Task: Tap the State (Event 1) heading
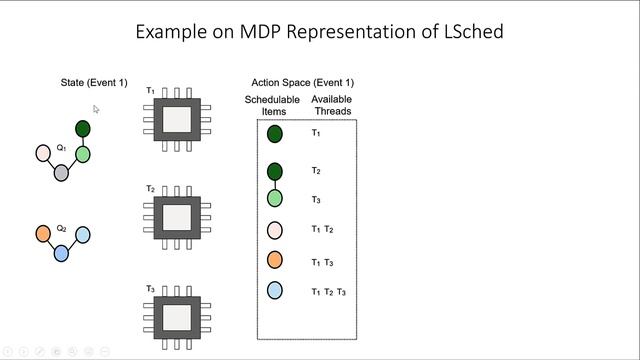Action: (94, 82)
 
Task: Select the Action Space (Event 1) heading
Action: (303, 82)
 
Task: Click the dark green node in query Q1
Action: (83, 129)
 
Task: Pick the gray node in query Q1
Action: (61, 173)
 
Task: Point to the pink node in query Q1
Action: (43, 153)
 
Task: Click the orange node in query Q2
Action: (43, 234)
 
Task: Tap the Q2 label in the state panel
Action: (61, 228)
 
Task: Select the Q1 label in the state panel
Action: (61, 147)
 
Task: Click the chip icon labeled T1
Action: (176, 119)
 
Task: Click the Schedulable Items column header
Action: (266, 105)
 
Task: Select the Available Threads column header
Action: (331, 105)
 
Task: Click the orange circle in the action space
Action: (275, 261)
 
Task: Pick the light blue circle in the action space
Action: (275, 291)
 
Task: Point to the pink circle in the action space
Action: (275, 230)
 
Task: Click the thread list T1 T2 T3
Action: (328, 292)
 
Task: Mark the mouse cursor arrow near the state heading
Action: (96, 109)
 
